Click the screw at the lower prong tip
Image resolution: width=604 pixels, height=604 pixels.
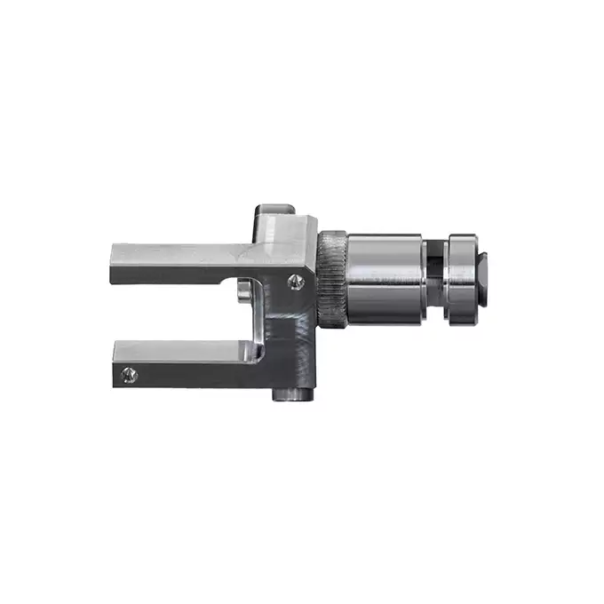pos(130,375)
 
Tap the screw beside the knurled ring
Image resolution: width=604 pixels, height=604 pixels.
pos(297,282)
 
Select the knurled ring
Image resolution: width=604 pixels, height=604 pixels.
pos(332,278)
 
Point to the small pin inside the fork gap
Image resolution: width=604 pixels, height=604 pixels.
pos(242,292)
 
